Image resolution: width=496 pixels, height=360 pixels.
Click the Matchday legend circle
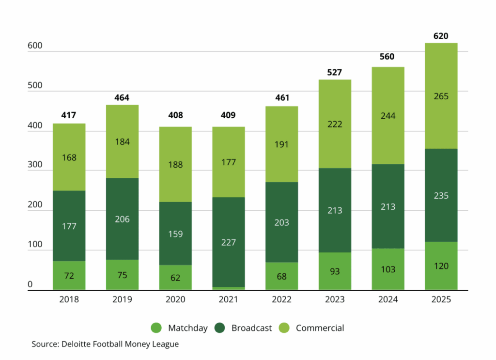(156, 328)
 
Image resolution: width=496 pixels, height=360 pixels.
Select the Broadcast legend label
(251, 328)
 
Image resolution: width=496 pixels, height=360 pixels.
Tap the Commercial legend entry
(320, 328)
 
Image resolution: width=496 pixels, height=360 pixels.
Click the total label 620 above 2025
(441, 36)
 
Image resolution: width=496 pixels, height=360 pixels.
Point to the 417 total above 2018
(69, 115)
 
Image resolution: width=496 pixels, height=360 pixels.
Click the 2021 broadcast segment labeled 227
(228, 242)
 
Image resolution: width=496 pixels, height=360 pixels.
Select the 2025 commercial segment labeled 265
(441, 96)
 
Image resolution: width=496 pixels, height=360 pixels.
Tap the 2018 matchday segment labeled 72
(69, 276)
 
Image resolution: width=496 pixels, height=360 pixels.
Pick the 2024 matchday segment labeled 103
(388, 269)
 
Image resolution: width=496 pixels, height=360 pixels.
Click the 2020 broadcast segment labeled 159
(175, 234)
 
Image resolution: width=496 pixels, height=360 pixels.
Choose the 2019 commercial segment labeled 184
(122, 141)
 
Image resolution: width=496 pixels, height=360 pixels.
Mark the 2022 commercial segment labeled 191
(281, 144)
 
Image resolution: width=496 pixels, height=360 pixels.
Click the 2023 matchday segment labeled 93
(335, 271)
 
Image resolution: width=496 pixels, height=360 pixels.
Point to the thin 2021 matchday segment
(228, 288)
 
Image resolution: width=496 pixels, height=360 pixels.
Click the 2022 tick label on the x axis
(281, 299)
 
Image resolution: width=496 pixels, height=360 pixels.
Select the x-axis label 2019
(122, 299)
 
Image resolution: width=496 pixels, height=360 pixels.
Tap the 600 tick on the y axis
(35, 46)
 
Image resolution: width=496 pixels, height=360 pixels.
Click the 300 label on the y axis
(35, 165)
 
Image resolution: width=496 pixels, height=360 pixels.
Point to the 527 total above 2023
(335, 73)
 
